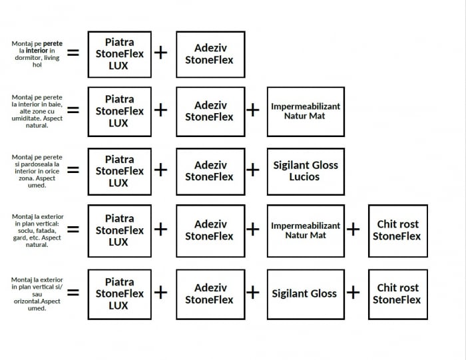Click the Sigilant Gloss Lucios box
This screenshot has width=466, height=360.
[x=306, y=171]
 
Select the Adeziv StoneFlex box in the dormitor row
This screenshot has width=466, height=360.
[x=210, y=54]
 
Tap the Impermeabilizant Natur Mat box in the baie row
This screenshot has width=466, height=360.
[x=306, y=111]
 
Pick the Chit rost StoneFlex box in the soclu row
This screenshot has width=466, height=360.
[x=397, y=230]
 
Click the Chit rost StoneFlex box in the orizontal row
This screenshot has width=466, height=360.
[x=397, y=293]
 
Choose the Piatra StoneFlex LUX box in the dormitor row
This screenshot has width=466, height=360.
[x=119, y=54]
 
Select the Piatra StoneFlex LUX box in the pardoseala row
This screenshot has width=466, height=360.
[x=119, y=171]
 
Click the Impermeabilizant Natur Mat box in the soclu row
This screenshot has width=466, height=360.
[x=306, y=230]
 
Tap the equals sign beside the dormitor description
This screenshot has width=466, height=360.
[x=73, y=52]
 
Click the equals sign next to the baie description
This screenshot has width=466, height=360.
[x=73, y=110]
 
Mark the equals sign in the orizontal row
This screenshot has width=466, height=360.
[x=73, y=292]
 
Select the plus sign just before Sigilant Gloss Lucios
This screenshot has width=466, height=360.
[x=253, y=170]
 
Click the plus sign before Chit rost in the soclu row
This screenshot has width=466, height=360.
[x=353, y=230]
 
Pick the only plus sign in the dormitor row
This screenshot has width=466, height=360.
[x=161, y=53]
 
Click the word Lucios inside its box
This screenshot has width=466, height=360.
[x=305, y=177]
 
